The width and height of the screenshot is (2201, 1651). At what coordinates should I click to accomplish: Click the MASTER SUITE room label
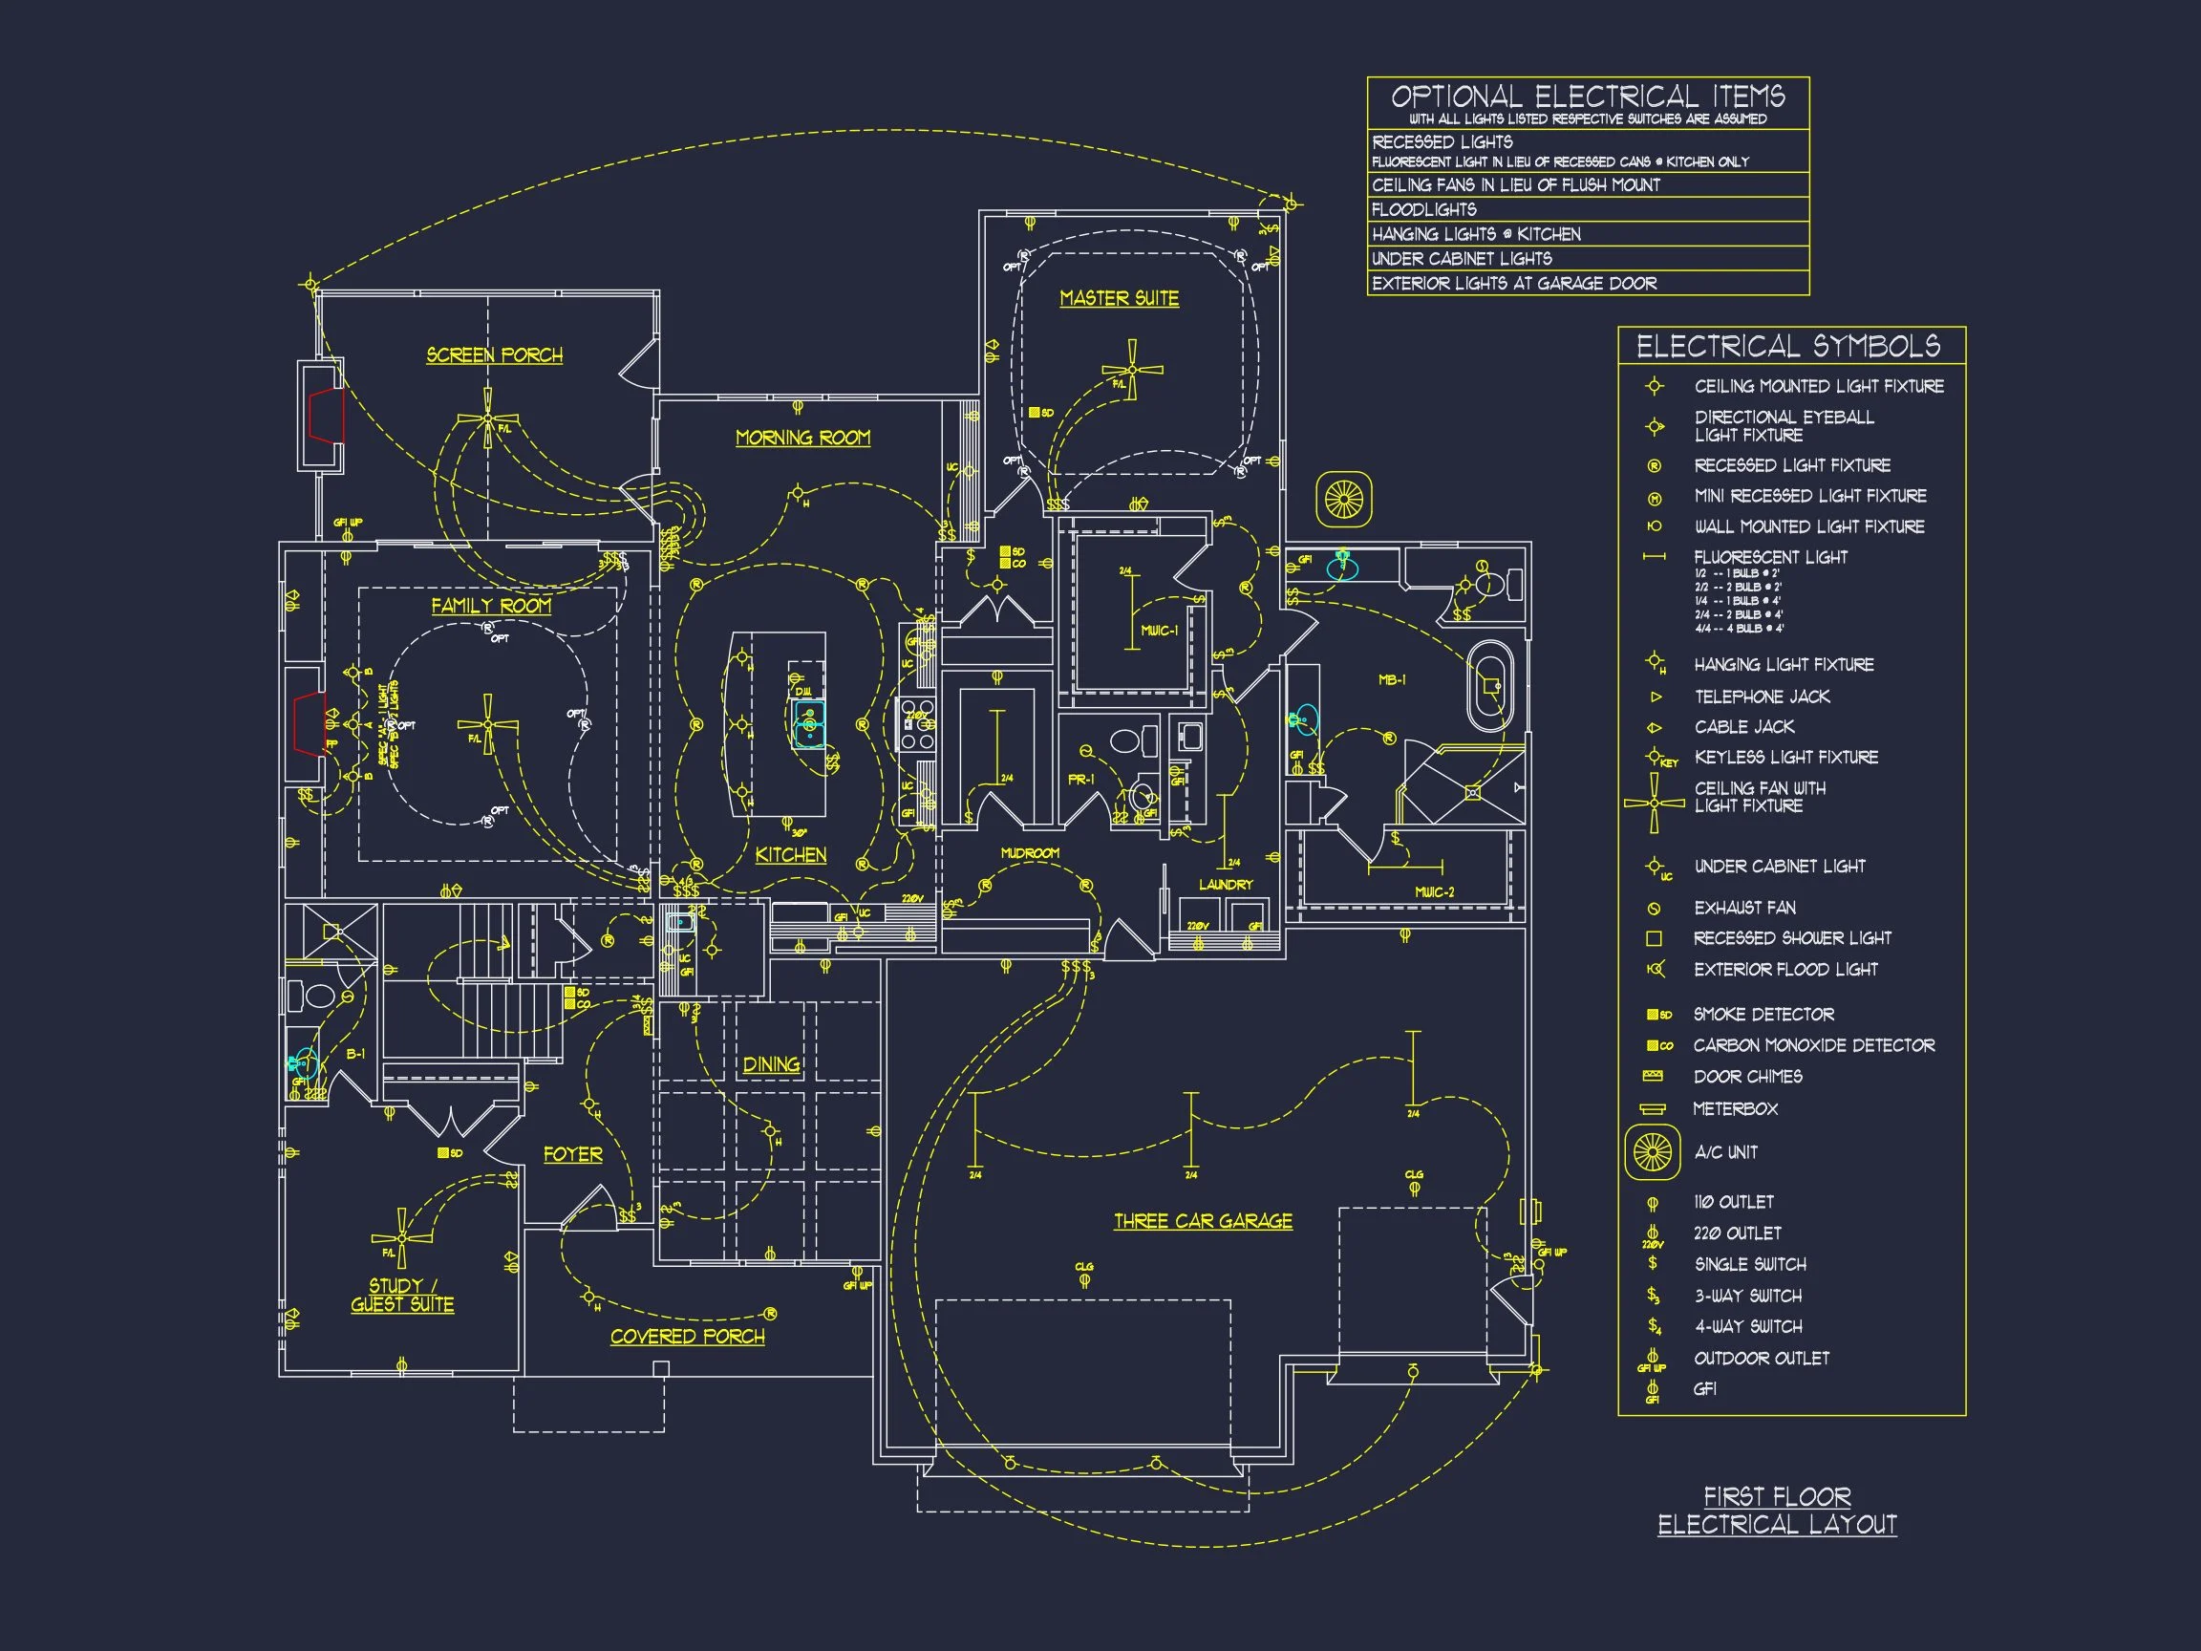(1119, 298)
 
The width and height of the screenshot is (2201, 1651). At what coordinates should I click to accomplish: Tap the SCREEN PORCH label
(495, 355)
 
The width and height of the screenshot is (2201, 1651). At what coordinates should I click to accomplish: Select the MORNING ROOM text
(803, 438)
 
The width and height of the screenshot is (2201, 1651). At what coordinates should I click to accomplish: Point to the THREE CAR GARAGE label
(1203, 1221)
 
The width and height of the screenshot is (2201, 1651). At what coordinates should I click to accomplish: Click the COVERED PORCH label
(688, 1337)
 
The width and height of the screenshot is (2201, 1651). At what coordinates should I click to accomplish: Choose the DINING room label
(771, 1065)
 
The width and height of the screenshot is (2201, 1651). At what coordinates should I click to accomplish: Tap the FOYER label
(573, 1154)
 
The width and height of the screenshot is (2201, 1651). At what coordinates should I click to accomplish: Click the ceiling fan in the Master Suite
(1132, 369)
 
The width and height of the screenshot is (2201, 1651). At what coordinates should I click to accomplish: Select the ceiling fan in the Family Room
(487, 724)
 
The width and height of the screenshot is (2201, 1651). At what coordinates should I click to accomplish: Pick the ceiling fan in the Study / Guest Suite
(401, 1238)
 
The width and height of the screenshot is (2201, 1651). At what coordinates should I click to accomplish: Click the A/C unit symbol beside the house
(1343, 499)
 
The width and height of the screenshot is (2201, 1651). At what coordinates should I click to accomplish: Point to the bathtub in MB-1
(1489, 687)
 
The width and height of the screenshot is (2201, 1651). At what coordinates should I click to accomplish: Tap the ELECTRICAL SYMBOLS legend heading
(1788, 346)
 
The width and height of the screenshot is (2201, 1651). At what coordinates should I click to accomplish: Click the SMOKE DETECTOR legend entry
(1763, 1014)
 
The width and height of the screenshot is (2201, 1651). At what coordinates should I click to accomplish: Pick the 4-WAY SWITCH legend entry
(1747, 1326)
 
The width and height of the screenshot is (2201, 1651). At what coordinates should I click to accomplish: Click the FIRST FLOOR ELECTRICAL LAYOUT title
(1777, 1511)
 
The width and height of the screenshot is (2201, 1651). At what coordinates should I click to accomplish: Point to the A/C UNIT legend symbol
(1651, 1152)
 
